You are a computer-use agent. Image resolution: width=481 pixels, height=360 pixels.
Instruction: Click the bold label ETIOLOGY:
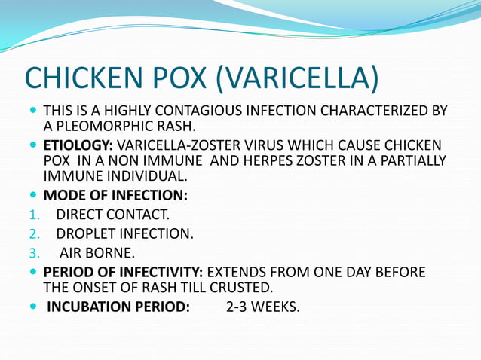pyautogui.click(x=78, y=144)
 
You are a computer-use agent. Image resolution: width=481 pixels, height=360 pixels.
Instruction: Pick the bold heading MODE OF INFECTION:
pyautogui.click(x=115, y=196)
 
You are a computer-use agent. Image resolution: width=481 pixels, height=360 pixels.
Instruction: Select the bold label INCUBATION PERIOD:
pyautogui.click(x=118, y=307)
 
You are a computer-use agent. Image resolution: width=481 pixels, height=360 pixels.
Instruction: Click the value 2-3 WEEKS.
pyautogui.click(x=262, y=307)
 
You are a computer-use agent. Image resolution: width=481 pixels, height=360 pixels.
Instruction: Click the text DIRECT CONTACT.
pyautogui.click(x=112, y=215)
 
